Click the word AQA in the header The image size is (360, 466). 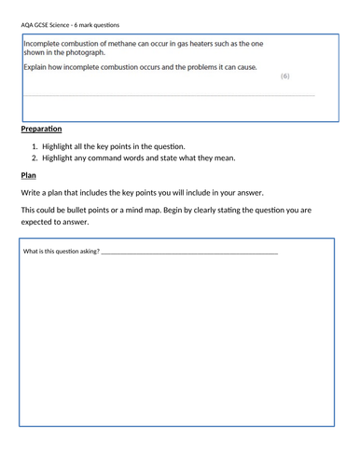click(27, 24)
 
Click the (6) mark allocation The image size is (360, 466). click(284, 75)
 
